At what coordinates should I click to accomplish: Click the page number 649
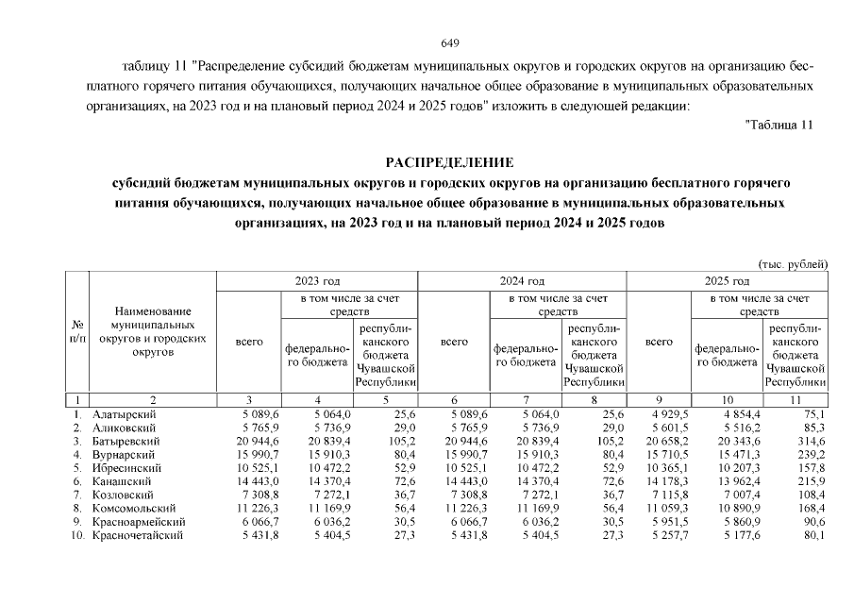pos(449,43)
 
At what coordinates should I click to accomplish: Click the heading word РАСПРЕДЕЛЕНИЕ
pos(449,162)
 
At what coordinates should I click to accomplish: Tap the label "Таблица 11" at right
pos(779,125)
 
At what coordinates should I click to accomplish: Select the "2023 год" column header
pos(317,281)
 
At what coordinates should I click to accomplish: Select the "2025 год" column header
pos(727,281)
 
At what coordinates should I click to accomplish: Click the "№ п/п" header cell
pos(76,330)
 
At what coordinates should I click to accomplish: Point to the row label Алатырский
pos(125,414)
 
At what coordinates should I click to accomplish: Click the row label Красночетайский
pos(138,536)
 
